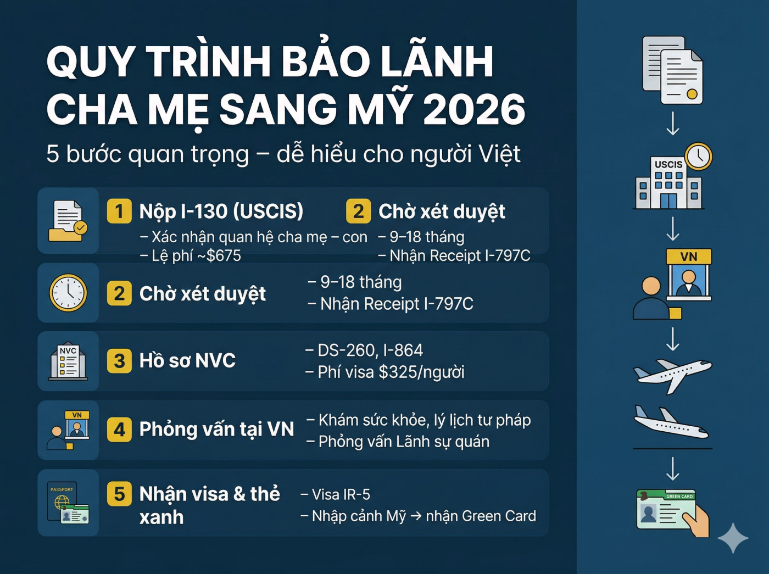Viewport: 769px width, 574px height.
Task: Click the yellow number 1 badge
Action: (x=119, y=211)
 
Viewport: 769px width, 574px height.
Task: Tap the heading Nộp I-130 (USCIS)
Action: (x=221, y=211)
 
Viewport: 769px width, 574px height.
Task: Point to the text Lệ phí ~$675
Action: (x=191, y=256)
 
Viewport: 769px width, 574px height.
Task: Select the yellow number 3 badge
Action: (x=119, y=361)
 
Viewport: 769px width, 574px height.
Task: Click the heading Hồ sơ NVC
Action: (x=187, y=361)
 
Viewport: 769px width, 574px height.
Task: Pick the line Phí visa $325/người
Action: (x=385, y=372)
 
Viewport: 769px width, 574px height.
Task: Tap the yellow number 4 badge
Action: (x=119, y=430)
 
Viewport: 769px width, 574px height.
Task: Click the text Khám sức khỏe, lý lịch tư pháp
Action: (x=419, y=420)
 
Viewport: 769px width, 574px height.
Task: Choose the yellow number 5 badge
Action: (x=119, y=494)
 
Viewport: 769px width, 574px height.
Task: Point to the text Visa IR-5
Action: (x=336, y=495)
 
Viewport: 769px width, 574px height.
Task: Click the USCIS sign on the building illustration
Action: (x=668, y=164)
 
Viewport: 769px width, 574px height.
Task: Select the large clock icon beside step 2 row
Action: (x=68, y=293)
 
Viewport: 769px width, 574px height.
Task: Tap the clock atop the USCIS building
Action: (x=698, y=157)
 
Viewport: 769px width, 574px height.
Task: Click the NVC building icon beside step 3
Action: (x=68, y=362)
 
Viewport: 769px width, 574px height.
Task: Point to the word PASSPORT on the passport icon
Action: (x=62, y=489)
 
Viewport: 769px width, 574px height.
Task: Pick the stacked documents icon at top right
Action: (x=672, y=70)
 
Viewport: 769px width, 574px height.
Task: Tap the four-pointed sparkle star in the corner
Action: (x=733, y=538)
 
